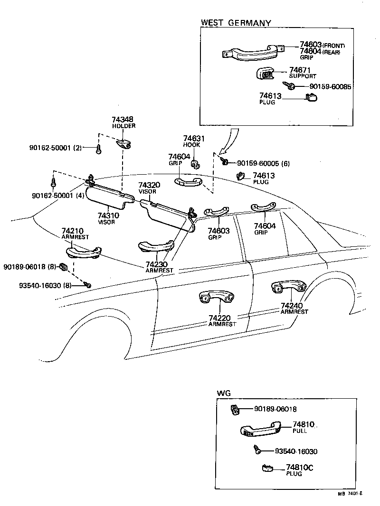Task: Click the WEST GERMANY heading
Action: [236, 22]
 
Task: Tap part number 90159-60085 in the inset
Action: [330, 87]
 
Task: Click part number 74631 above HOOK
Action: [193, 139]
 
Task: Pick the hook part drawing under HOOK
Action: [194, 164]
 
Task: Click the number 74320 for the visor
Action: [149, 185]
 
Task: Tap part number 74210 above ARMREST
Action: [73, 231]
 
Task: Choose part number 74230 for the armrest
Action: [156, 264]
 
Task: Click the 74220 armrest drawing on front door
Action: [217, 297]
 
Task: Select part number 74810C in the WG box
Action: [300, 468]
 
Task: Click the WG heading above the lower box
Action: [223, 394]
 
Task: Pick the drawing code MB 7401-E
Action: [350, 494]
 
